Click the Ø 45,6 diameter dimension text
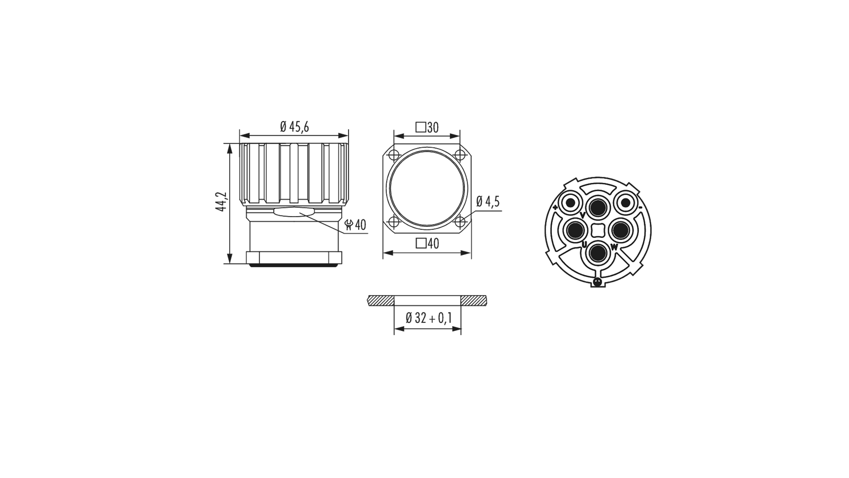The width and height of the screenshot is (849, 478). (294, 127)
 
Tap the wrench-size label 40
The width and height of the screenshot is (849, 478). (360, 225)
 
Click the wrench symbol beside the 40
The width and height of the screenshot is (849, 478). (349, 225)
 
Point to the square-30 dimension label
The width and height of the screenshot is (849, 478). (427, 127)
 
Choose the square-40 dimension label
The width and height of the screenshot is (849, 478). (427, 243)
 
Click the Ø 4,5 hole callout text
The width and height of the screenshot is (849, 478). (488, 201)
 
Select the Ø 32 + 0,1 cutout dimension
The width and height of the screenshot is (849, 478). (428, 318)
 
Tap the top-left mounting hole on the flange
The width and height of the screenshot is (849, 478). (394, 155)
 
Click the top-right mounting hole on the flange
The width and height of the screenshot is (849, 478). (460, 155)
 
